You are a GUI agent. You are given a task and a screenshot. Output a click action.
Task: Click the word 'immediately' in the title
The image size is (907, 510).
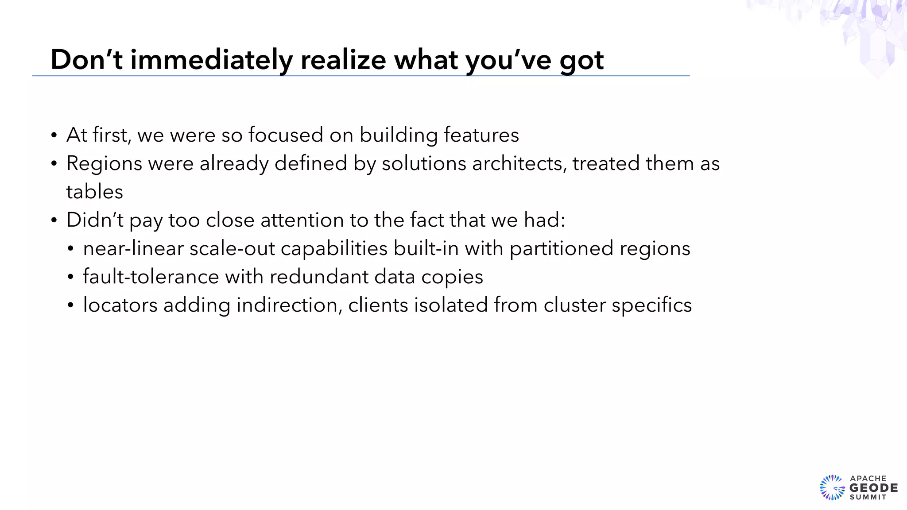211,60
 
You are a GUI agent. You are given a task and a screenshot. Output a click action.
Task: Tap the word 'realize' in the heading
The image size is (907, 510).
343,60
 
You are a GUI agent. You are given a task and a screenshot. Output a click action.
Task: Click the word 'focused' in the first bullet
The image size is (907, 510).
286,135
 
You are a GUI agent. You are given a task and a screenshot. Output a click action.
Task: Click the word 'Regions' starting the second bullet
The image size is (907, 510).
105,163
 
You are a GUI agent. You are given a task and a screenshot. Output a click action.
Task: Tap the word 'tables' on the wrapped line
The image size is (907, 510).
94,192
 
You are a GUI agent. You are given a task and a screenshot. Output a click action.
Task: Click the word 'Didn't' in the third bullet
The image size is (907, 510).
95,220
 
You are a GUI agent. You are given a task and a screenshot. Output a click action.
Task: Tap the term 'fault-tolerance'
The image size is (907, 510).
151,277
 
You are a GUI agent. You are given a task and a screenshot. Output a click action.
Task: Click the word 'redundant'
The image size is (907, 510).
319,277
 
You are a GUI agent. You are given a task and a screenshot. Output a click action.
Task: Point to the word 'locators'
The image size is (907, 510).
120,305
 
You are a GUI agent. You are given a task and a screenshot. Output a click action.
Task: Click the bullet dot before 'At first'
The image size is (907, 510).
54,135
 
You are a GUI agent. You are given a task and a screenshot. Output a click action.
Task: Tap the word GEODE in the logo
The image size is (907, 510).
873,488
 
